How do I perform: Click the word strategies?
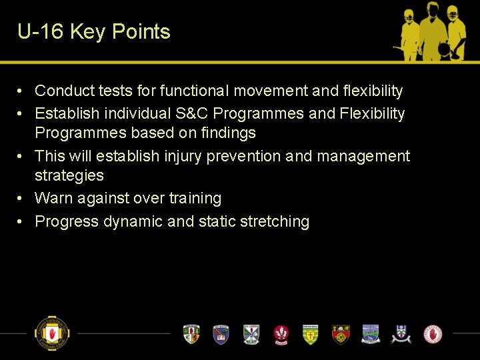(69, 175)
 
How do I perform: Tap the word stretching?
(275, 221)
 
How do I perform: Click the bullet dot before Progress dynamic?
(22, 221)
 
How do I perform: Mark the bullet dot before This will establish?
(22, 156)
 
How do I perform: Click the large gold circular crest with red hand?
(52, 333)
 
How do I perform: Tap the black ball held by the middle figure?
(444, 48)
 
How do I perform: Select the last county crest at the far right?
(433, 333)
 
